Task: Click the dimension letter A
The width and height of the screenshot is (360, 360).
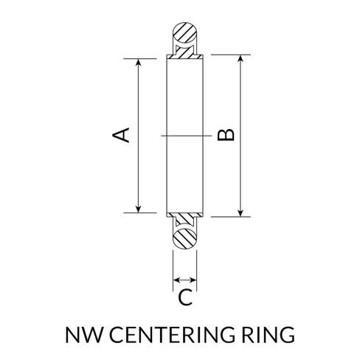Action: pos(121,135)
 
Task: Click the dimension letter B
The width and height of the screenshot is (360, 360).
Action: pos(226,135)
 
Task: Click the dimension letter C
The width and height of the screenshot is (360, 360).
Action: pos(185,297)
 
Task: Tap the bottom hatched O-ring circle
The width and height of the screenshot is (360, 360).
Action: pos(185,238)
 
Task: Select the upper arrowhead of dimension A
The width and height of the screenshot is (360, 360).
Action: pos(139,63)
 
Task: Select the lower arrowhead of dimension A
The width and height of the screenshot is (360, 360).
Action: pos(139,209)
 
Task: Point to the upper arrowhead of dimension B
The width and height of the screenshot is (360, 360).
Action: pos(241,58)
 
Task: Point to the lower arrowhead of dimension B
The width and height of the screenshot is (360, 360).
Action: pos(241,213)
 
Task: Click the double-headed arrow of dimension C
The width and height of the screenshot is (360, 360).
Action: pos(185,280)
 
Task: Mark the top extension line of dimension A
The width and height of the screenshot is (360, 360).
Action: pos(140,59)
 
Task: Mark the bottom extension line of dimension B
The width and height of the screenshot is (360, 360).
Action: pos(231,217)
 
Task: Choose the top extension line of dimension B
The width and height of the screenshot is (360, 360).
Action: pos(231,55)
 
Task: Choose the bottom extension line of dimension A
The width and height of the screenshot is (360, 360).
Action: pos(140,212)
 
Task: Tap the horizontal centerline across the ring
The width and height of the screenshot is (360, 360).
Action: pos(187,136)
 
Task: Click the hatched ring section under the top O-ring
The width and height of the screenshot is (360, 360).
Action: pos(185,54)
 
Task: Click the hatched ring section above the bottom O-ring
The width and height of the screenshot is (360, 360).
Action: pos(185,218)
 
